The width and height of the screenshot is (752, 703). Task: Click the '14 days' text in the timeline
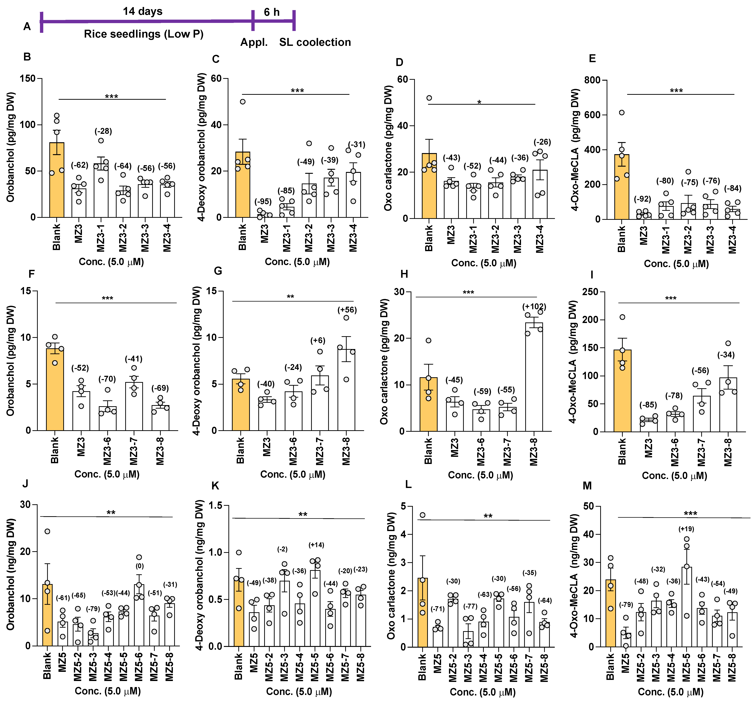[143, 11]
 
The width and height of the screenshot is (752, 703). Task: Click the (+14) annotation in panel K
[316, 545]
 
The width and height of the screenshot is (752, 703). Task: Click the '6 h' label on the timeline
[272, 12]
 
